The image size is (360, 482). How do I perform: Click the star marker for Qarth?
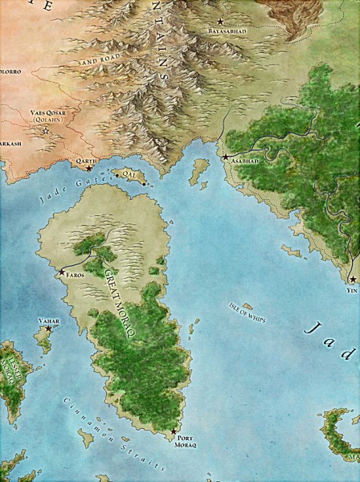pos(88,169)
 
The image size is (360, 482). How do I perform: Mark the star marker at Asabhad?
pos(227,156)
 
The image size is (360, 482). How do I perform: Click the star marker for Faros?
pos(61,272)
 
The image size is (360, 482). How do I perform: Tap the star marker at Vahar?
pos(47,329)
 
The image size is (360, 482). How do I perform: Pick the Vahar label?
pos(49,321)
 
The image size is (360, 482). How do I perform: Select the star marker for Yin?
pos(352,280)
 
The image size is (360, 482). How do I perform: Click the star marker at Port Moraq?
pos(174,431)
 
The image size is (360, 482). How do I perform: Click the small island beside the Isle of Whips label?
pos(247,306)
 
